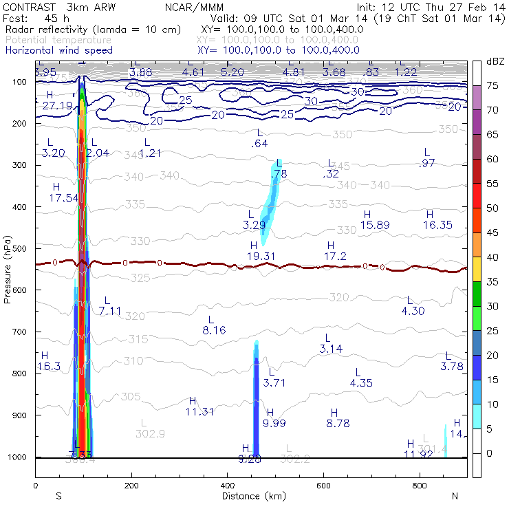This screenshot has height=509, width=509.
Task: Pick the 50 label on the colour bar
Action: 492,208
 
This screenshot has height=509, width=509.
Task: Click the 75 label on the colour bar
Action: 492,85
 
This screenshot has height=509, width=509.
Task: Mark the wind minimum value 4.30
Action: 413,310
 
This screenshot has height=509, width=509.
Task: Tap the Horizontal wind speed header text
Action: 58,50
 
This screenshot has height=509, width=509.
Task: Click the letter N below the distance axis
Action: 455,495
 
